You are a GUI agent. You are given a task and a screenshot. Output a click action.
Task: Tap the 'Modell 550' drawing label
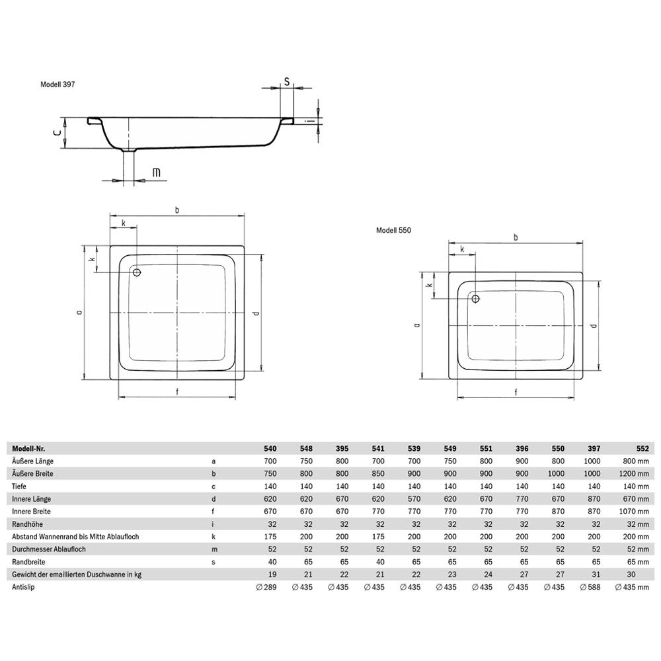(x=394, y=231)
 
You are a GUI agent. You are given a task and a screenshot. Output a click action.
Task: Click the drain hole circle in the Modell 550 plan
(x=475, y=299)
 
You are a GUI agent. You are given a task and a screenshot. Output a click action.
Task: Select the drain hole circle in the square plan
(x=137, y=272)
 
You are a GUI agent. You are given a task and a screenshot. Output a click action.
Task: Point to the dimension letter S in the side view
(x=286, y=81)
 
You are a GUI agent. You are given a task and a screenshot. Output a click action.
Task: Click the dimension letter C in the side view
(x=58, y=133)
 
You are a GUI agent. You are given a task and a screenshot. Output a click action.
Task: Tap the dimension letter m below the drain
(x=156, y=173)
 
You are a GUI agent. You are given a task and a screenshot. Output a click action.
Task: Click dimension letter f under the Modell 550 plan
(x=516, y=391)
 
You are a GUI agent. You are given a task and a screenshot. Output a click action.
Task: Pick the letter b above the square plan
(x=177, y=210)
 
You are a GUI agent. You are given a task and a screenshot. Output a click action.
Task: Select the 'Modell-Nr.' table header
(x=28, y=448)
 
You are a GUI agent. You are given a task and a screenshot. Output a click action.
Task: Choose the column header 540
(x=271, y=448)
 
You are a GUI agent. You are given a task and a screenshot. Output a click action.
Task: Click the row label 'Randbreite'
(x=27, y=562)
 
